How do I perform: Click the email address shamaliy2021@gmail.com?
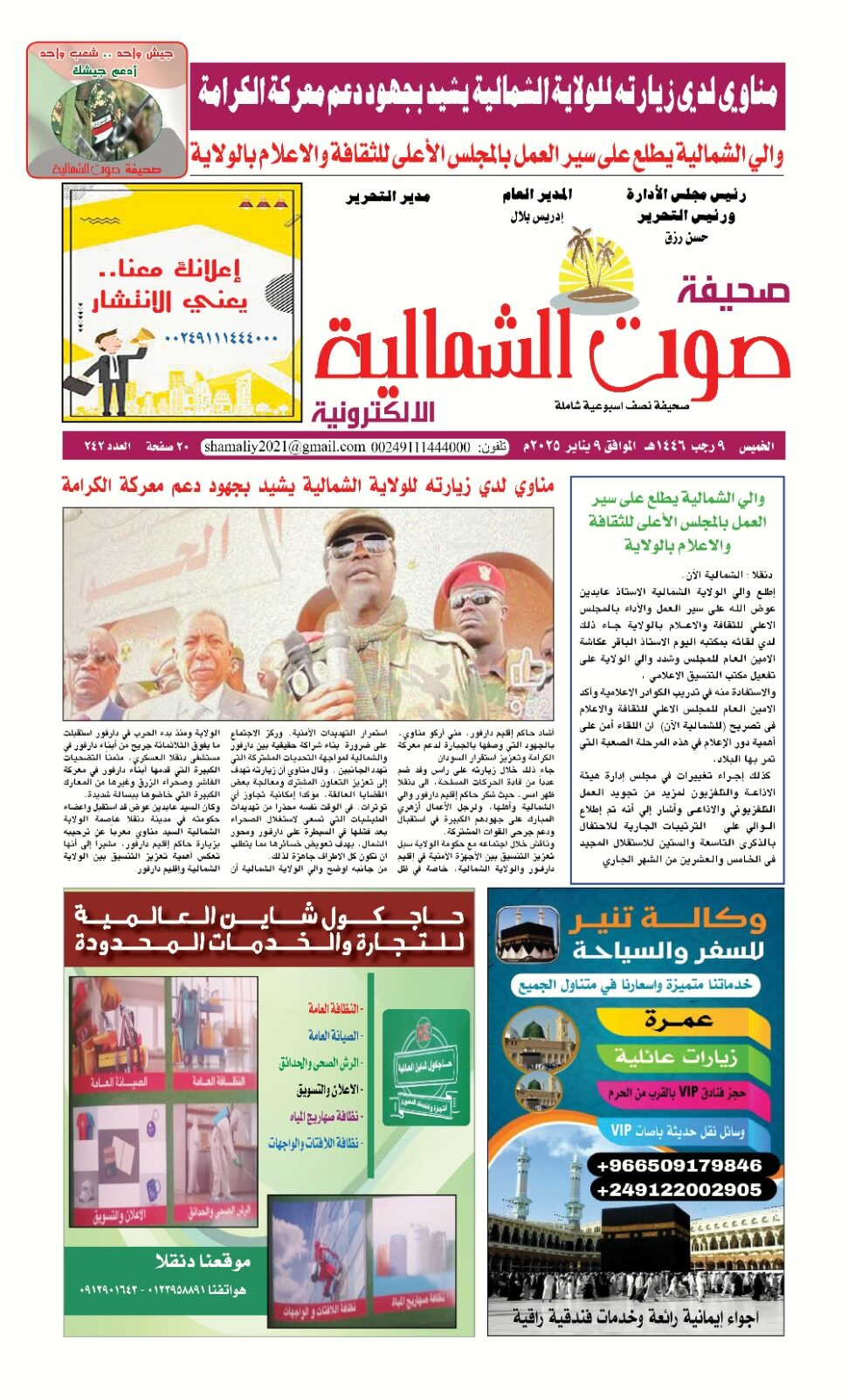(x=284, y=447)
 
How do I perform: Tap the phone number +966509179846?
(x=678, y=1166)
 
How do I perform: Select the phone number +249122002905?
(x=678, y=1189)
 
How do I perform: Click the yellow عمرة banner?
(x=679, y=1020)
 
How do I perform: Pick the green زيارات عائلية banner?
(x=676, y=1056)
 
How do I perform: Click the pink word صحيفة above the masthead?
(x=734, y=290)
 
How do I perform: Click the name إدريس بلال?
(x=536, y=217)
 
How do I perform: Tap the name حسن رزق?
(x=686, y=237)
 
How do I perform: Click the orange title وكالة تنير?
(x=666, y=920)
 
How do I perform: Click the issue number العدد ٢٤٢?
(x=107, y=447)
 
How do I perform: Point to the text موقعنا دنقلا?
(x=203, y=1261)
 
